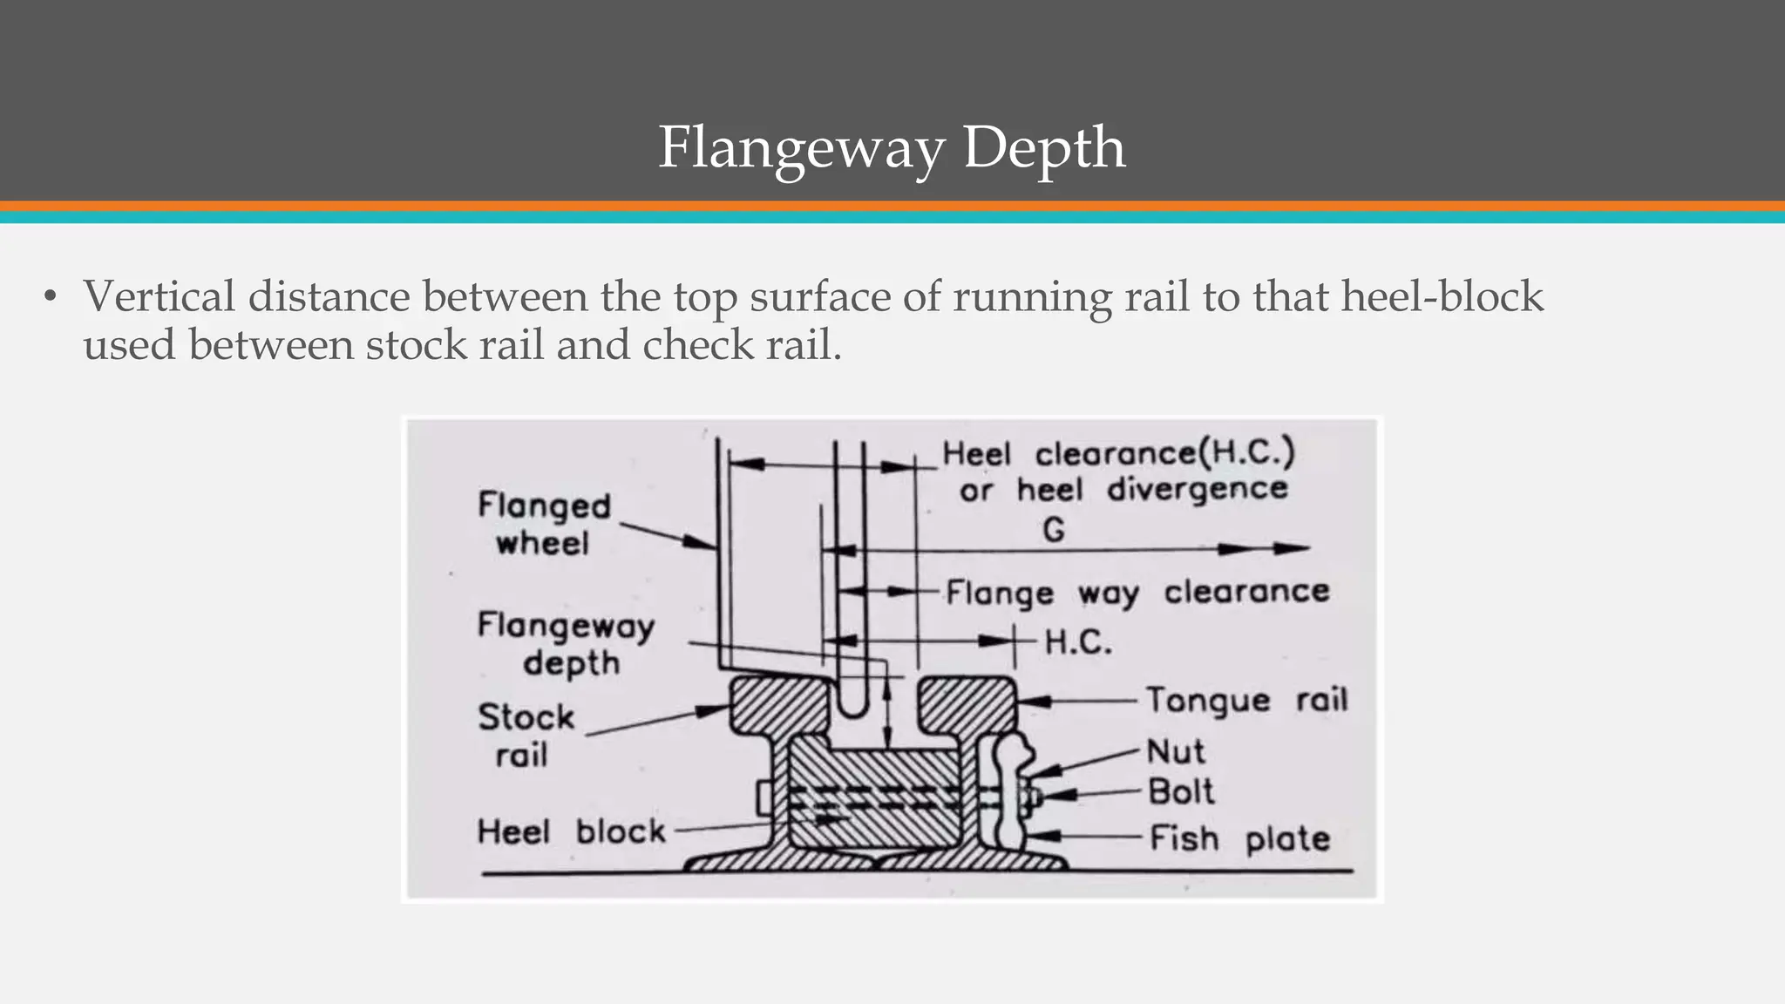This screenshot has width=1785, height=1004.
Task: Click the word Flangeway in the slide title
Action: (x=800, y=147)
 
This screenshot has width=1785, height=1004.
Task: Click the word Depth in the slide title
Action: (x=1043, y=147)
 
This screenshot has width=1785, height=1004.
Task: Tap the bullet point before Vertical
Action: (x=51, y=297)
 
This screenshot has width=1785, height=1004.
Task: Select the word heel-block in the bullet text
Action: (x=1442, y=296)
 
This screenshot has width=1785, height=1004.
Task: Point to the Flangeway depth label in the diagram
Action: (x=567, y=644)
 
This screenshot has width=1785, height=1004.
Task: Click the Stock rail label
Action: (x=526, y=736)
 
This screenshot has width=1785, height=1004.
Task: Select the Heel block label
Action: (x=571, y=831)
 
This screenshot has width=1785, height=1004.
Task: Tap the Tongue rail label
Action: (x=1245, y=700)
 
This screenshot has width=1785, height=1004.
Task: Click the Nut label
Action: (x=1175, y=751)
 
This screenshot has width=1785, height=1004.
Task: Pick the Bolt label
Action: (x=1180, y=792)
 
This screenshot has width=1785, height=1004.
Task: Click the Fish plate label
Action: (x=1239, y=838)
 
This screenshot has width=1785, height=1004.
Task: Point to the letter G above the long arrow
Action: (x=1054, y=530)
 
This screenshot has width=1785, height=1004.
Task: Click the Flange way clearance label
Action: (x=1137, y=593)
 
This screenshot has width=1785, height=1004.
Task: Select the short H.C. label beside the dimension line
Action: (x=1078, y=642)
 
